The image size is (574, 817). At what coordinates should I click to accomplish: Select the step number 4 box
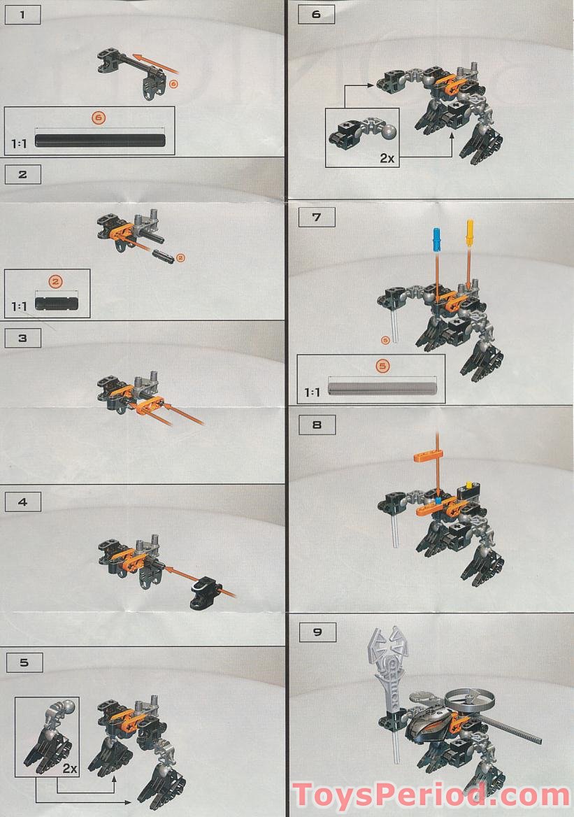[23, 501]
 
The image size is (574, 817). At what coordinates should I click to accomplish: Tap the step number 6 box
[316, 15]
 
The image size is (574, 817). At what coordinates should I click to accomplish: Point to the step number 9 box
[317, 632]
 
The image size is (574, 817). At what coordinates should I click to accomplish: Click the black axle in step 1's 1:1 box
[100, 141]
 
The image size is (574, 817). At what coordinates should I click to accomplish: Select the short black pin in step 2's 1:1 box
[57, 302]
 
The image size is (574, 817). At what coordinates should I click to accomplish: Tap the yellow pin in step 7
[470, 232]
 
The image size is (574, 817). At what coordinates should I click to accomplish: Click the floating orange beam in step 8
[429, 460]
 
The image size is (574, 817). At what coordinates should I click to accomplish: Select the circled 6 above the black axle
[99, 118]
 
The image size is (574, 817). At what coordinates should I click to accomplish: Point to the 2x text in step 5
[69, 768]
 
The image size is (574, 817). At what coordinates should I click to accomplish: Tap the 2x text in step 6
[387, 158]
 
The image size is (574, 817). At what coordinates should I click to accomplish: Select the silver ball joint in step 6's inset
[388, 131]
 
